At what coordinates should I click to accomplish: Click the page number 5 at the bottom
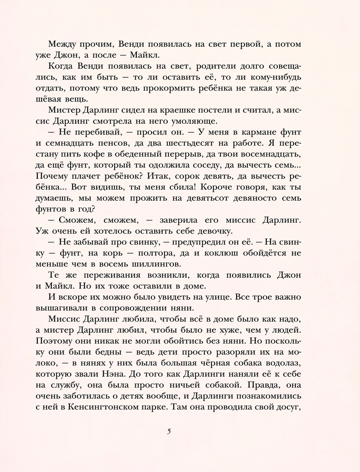(169, 432)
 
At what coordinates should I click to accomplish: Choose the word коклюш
(221, 253)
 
